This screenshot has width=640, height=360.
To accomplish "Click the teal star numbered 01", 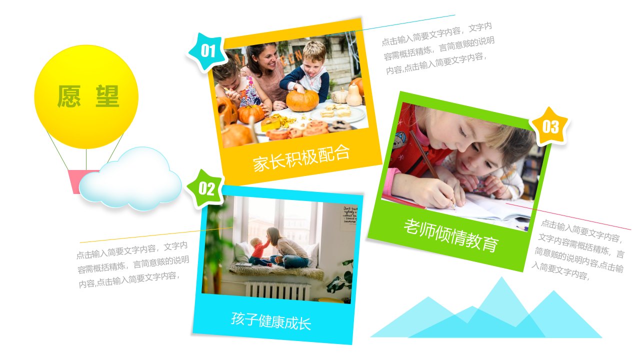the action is pos(207,51).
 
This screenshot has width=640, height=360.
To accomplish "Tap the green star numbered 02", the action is pos(205,189).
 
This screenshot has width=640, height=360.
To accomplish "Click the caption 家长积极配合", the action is pos(301,158).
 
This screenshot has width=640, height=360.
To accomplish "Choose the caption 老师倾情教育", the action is pos(451,235).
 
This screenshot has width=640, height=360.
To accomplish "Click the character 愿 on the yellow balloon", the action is pos(69,96).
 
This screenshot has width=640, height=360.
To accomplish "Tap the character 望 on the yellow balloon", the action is pos(107,96).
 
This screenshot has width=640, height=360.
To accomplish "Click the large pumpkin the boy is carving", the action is pos(302,100).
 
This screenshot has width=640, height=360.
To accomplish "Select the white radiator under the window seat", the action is pos(277,290).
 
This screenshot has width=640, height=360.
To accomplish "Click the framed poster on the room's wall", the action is pos(348,217).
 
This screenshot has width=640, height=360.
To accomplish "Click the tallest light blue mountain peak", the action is pos(501,278).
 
